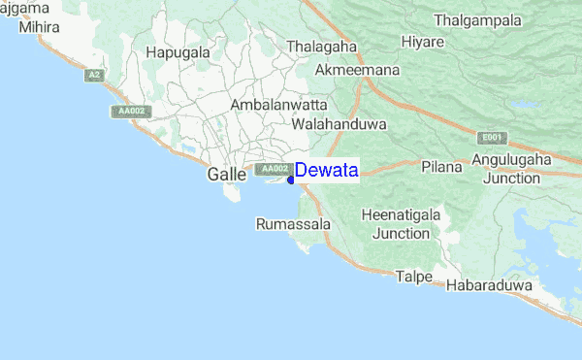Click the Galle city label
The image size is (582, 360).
226,175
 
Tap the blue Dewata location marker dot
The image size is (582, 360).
291,180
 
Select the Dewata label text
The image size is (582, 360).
327,171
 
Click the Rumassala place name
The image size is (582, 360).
293,224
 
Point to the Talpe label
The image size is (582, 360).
413,277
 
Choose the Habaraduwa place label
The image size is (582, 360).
490,286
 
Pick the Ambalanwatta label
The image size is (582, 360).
278,104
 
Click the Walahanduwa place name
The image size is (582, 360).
339,125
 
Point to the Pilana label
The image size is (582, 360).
441,167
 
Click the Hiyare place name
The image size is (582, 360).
422,42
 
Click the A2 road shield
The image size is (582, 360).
94,75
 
